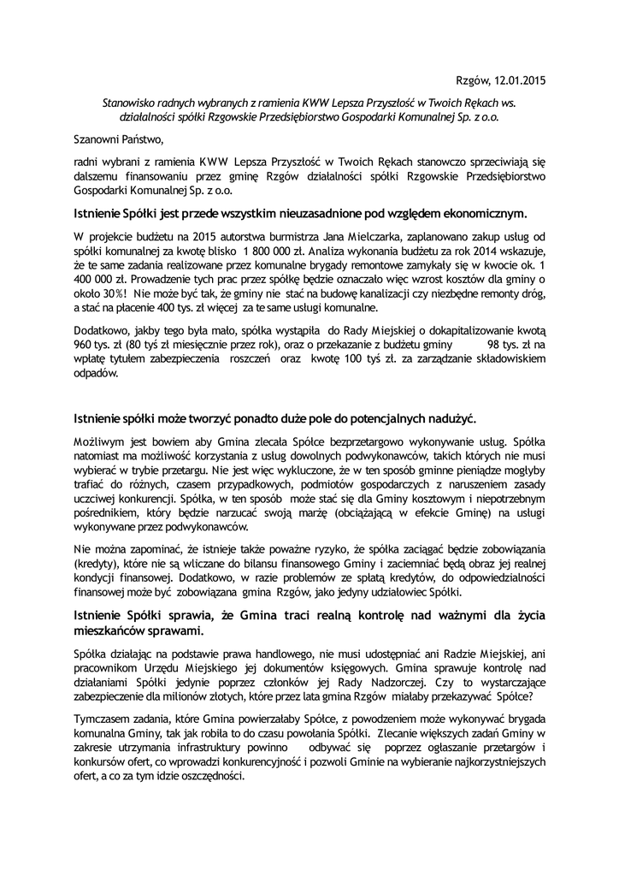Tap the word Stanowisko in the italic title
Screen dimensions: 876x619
(x=128, y=101)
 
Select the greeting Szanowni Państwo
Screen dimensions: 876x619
(x=116, y=138)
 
